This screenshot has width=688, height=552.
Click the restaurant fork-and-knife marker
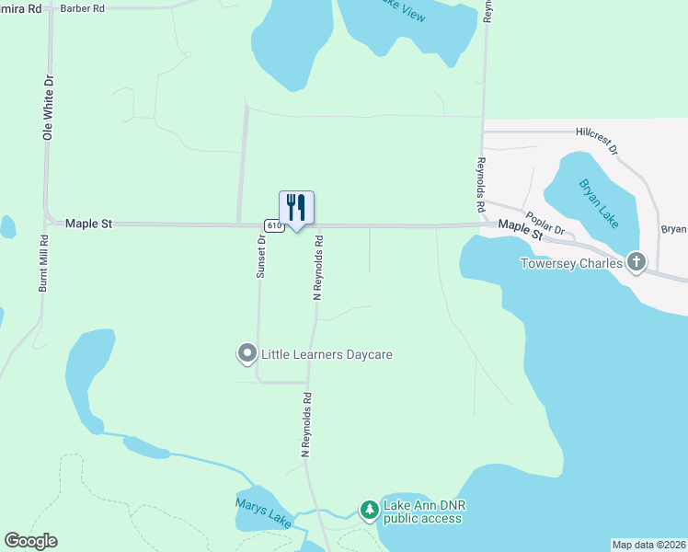pyautogui.click(x=296, y=208)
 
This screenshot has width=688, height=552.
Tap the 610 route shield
pyautogui.click(x=273, y=225)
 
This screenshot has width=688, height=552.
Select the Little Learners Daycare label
pyautogui.click(x=327, y=354)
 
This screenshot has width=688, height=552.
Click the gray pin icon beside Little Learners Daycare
pyautogui.click(x=247, y=353)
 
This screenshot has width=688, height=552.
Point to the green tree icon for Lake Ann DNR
pyautogui.click(x=369, y=510)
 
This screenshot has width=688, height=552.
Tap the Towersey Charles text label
pyautogui.click(x=571, y=263)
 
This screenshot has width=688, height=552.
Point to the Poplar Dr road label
pyautogui.click(x=545, y=225)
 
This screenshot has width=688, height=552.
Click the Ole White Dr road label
pyautogui.click(x=48, y=108)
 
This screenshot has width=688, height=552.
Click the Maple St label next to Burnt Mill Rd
pyautogui.click(x=88, y=224)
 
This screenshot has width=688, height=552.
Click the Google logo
pyautogui.click(x=30, y=541)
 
